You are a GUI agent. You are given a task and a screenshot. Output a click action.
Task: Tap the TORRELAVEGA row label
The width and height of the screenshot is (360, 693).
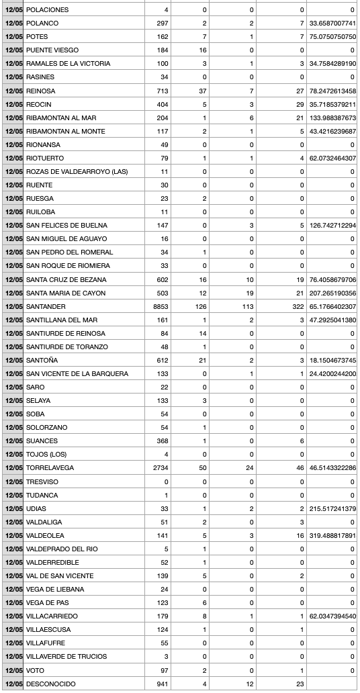50,468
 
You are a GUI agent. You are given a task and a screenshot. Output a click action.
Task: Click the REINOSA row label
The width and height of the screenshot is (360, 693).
40,91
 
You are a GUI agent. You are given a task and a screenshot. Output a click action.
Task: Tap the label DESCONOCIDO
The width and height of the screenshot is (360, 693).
50,684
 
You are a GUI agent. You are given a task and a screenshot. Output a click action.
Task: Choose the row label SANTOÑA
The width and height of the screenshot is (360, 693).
42,360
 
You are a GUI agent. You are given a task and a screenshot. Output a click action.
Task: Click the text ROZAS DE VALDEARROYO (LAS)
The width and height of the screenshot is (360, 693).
77,171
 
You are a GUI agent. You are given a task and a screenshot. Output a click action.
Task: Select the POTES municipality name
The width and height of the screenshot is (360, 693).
37,37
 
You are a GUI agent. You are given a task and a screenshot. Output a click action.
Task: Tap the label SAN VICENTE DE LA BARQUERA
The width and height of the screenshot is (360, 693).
77,373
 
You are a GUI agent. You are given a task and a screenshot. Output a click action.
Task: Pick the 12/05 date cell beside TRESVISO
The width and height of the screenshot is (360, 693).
13,481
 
